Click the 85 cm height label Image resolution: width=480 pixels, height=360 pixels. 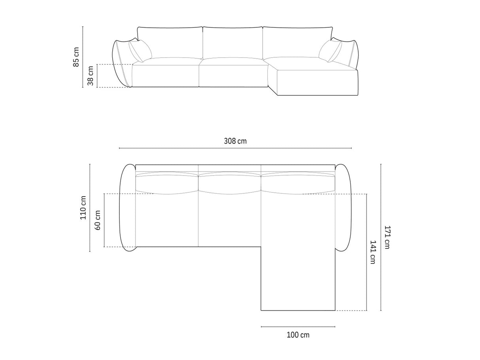(76, 57)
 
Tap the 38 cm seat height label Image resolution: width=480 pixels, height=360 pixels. (91, 76)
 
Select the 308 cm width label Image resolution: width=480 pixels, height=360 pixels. (235, 141)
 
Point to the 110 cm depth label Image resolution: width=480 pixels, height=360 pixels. (83, 208)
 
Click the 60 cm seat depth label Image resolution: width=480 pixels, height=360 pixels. (98, 220)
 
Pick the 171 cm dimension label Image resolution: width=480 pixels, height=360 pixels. (387, 237)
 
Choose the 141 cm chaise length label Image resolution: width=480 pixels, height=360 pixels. (372, 252)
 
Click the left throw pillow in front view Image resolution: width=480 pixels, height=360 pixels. (140, 51)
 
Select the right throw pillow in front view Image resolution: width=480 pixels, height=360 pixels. (330, 51)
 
